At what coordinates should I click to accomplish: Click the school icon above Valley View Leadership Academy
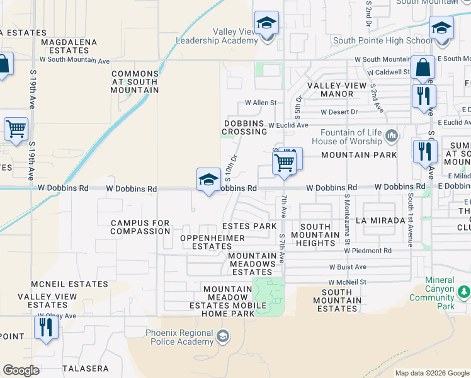coord(266,24)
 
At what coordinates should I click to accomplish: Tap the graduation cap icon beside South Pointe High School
coord(442,29)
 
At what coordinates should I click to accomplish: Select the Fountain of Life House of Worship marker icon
coord(392,135)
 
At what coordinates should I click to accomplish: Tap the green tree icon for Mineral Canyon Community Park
coord(464,292)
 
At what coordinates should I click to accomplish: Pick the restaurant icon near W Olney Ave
coord(45,328)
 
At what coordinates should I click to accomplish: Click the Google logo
coord(21,370)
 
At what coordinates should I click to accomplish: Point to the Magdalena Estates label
coord(69,46)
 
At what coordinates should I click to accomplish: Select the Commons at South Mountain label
coord(135,82)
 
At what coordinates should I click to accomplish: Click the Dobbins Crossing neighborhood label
coord(244,127)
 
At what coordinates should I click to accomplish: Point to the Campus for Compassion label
coord(140,227)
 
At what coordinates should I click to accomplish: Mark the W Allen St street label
coord(261,102)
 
